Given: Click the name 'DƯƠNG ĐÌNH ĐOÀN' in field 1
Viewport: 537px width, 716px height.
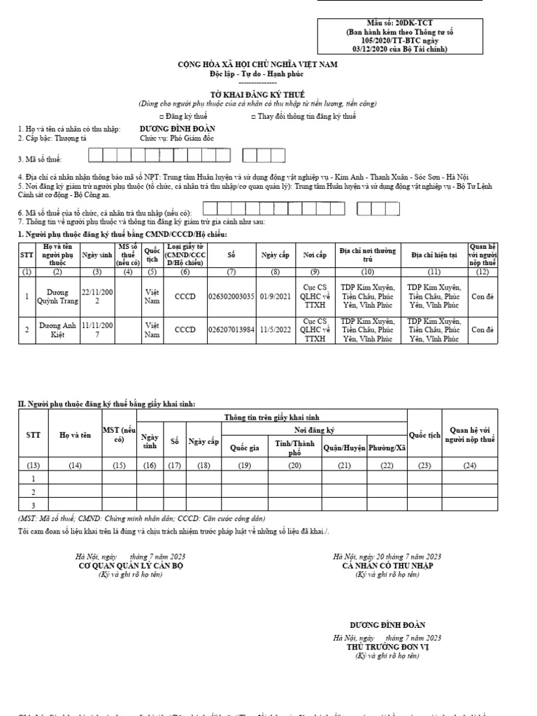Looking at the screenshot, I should coord(178,129).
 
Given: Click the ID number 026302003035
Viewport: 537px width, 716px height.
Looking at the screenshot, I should coord(231,296).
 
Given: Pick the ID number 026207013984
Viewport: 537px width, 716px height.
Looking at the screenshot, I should coord(231,330).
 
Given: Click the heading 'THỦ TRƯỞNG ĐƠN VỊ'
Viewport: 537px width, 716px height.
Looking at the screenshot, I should coord(387,647).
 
